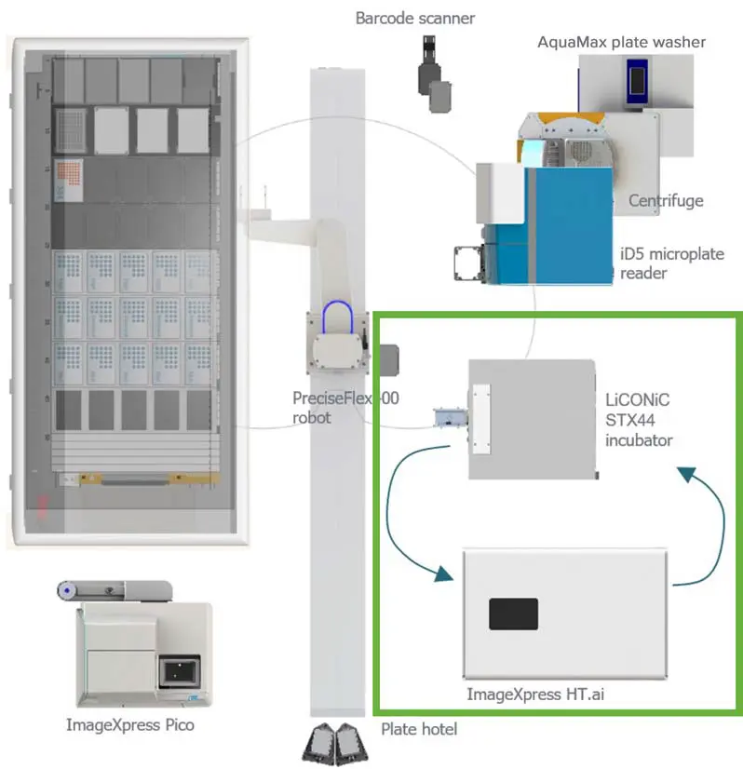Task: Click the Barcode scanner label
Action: tap(415, 18)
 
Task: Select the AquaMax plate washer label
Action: tap(621, 42)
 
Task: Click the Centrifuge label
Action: tap(666, 200)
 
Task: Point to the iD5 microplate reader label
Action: tap(671, 263)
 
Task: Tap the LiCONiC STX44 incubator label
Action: tap(638, 420)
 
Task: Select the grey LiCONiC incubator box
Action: tap(531, 420)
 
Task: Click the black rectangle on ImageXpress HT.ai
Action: tap(514, 614)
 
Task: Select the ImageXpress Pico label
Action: tap(130, 724)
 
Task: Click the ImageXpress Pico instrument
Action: tap(140, 652)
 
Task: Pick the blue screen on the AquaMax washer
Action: tap(637, 81)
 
